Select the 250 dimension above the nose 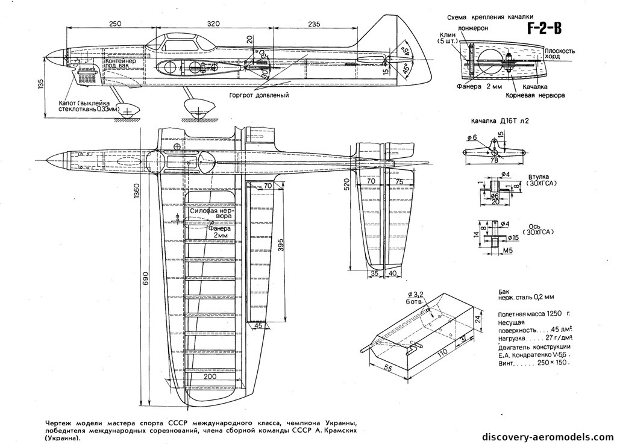point(116,23)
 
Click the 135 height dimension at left point(41,84)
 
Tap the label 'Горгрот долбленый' point(259,95)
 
